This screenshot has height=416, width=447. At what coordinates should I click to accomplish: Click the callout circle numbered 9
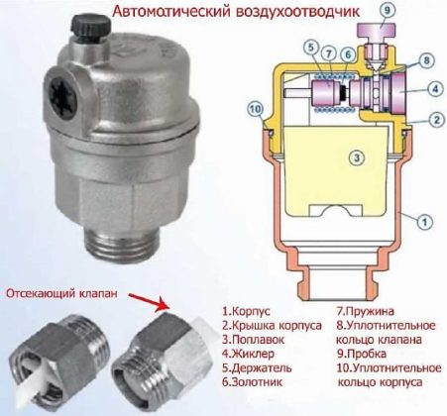click(387, 11)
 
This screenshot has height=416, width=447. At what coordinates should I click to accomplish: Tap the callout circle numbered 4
click(435, 89)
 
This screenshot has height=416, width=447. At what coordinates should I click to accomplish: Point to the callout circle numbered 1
click(425, 222)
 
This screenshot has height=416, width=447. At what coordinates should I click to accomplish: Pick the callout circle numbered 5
click(311, 47)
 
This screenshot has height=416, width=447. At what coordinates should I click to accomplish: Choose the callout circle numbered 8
click(426, 60)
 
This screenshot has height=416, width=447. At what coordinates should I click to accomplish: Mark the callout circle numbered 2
click(437, 119)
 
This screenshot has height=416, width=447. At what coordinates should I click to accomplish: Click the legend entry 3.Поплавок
click(253, 340)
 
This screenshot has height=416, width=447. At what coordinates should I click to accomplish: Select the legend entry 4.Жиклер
click(248, 354)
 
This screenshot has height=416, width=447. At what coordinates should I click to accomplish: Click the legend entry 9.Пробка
click(361, 354)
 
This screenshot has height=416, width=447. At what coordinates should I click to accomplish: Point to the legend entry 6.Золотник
click(253, 382)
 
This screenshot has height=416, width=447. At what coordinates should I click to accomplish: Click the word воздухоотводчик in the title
click(297, 12)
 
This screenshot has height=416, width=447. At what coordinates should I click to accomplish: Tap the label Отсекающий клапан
click(62, 293)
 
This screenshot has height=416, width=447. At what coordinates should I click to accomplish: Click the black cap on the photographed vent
click(90, 26)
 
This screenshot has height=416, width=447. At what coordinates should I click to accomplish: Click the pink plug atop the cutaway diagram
click(379, 33)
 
